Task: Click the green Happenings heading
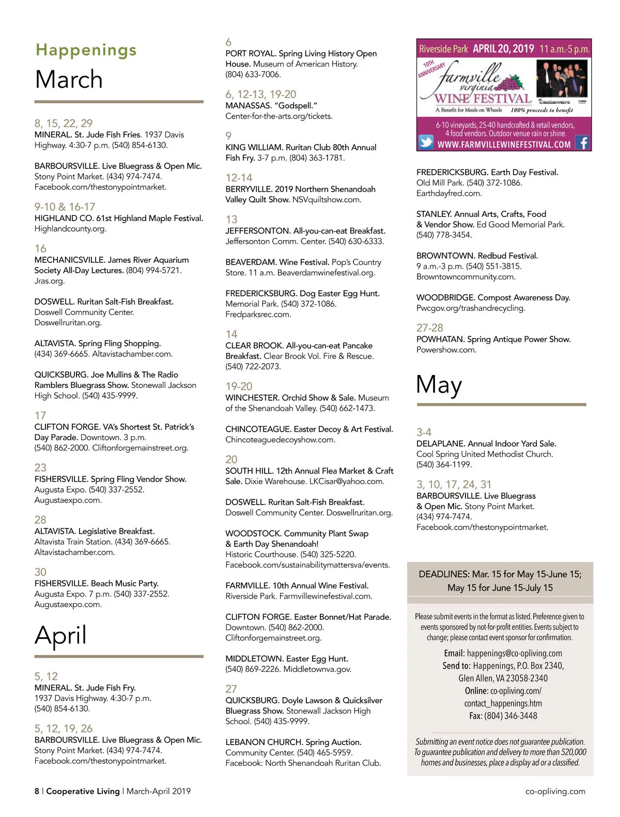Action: point(86,50)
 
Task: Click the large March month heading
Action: point(69,80)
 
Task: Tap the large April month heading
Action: point(60,635)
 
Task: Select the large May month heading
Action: point(439,385)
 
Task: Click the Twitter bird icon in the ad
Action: point(426,142)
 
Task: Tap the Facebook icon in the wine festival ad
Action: point(582,143)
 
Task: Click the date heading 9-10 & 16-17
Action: point(65,207)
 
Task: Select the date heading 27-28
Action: point(429,328)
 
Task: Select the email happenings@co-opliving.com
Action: point(514,653)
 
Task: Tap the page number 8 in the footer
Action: point(37,791)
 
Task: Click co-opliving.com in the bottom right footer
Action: point(555,791)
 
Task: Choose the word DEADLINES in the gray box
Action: point(444,574)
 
